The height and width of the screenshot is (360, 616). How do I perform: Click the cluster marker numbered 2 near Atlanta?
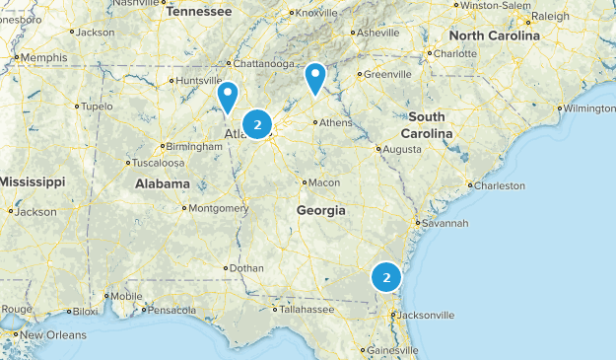click(257, 124)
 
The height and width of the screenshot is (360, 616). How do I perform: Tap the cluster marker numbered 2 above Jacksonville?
click(386, 277)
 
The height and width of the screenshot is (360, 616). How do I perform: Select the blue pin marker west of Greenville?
click(314, 77)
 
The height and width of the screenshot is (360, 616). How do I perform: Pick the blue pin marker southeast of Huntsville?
click(229, 96)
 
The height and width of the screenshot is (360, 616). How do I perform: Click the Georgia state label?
click(321, 210)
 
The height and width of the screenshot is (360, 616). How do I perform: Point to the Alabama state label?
click(163, 183)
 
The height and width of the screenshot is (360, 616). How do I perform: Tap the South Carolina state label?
click(427, 124)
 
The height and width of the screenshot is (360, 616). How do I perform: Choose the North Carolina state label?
click(495, 36)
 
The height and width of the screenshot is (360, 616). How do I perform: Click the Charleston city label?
click(500, 185)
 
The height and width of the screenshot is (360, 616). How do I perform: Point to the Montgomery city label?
click(218, 208)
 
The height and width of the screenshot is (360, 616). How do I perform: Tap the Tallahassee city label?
click(308, 309)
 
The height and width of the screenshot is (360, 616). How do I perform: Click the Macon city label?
click(323, 182)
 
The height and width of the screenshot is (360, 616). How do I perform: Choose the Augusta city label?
click(400, 149)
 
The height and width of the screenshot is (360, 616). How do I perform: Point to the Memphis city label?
click(43, 58)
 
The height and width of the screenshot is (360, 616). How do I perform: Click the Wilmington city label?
click(590, 108)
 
